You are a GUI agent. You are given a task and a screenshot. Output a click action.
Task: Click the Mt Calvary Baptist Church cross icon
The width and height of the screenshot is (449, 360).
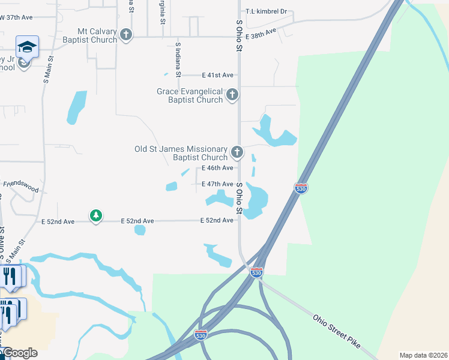[x=126, y=35]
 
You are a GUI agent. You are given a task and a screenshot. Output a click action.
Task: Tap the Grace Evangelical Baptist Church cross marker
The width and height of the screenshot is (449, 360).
[x=232, y=94]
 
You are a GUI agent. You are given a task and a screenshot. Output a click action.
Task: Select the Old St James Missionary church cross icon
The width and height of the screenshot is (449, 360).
[x=237, y=152]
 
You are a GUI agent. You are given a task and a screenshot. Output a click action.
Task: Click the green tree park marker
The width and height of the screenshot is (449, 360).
[x=95, y=215]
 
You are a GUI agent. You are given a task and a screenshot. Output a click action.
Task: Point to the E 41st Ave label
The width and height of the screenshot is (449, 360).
[x=218, y=75]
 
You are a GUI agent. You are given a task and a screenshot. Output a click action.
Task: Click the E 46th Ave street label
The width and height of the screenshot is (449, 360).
[x=217, y=168]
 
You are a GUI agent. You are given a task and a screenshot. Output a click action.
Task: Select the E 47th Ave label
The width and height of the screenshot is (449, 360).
[x=217, y=184]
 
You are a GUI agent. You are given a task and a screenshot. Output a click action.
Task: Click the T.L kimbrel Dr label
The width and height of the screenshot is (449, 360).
[x=267, y=11]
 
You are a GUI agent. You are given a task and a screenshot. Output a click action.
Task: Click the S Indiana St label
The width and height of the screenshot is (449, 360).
[x=178, y=60]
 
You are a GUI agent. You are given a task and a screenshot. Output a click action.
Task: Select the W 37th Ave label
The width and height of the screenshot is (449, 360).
[x=16, y=17]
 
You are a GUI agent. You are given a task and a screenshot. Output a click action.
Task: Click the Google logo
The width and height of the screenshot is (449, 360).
[x=20, y=353]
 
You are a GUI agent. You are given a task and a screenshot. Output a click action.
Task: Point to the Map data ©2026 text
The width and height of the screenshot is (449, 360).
[x=423, y=355]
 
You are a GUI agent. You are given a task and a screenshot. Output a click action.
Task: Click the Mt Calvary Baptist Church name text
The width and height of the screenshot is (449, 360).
[x=97, y=35]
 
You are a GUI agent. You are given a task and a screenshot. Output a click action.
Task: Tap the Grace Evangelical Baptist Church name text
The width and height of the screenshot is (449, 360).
[x=190, y=95]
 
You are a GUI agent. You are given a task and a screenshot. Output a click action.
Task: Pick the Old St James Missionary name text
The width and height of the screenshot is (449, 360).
[x=181, y=153]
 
